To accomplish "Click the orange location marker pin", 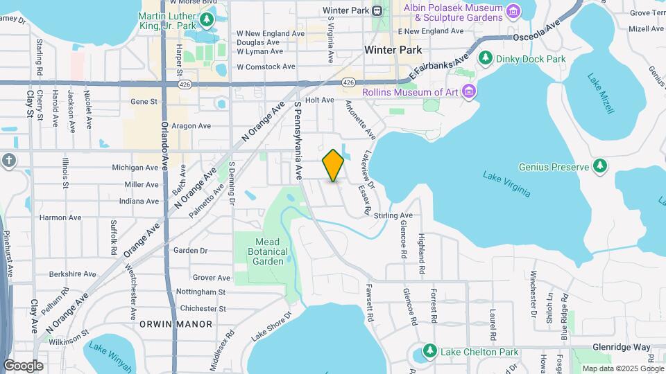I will pyautogui.click(x=334, y=166).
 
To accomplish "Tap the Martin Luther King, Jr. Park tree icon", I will pyautogui.click(x=207, y=18).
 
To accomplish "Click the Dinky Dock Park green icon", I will pyautogui.click(x=486, y=58).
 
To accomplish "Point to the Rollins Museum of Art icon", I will pyautogui.click(x=470, y=91).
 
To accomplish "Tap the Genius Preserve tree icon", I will pyautogui.click(x=600, y=166).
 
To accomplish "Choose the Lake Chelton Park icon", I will pyautogui.click(x=430, y=351).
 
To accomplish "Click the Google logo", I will pyautogui.click(x=23, y=365).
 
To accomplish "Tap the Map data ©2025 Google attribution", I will pyautogui.click(x=622, y=368).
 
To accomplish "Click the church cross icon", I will pyautogui.click(x=8, y=161).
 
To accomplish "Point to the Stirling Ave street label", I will pyautogui.click(x=393, y=215).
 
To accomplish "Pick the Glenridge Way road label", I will pyautogui.click(x=621, y=347).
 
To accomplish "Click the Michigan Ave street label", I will pyautogui.click(x=135, y=168).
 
